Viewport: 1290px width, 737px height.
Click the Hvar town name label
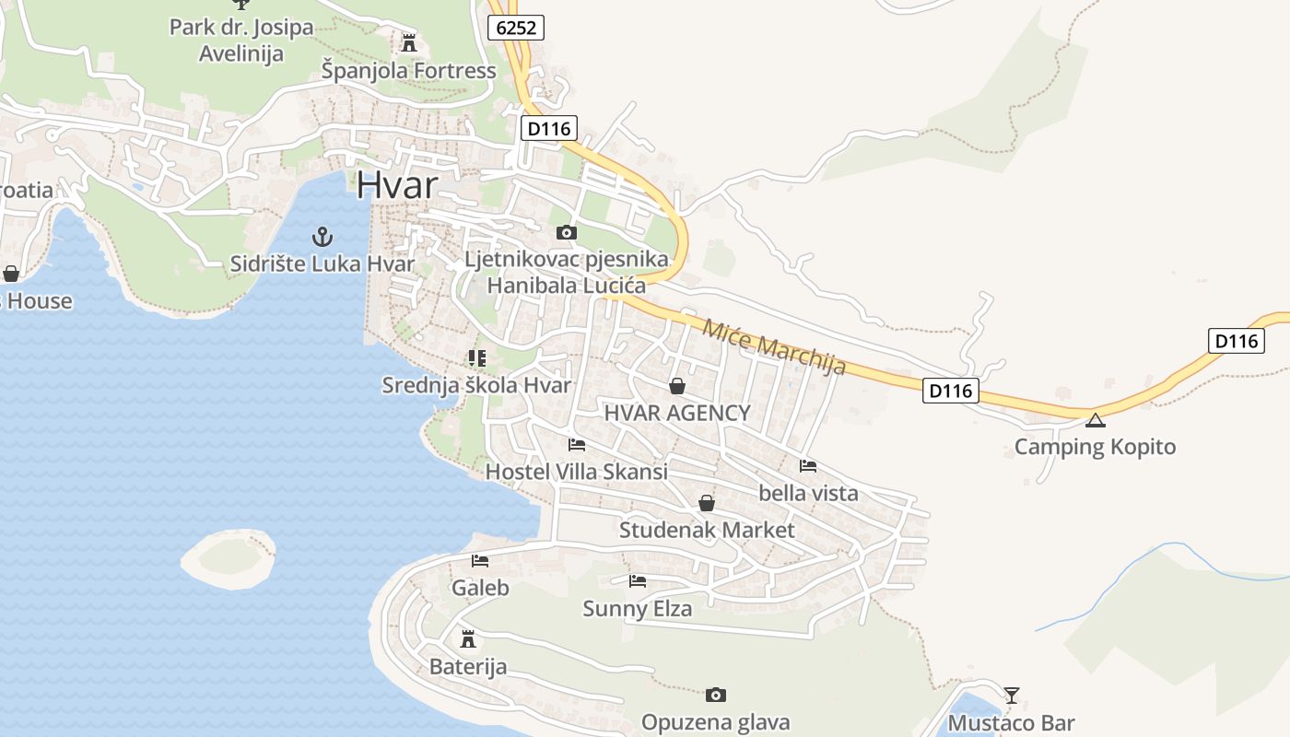397,185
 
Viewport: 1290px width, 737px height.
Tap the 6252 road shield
516,29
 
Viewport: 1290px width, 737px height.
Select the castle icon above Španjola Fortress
409,42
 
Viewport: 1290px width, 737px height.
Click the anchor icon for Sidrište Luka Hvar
322,237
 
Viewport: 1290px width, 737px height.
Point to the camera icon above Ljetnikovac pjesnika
567,233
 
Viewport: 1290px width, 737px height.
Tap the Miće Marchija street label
774,346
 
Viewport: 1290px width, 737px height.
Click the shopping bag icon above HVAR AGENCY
677,386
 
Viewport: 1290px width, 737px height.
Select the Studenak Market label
706,530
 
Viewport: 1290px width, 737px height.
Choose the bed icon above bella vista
808,466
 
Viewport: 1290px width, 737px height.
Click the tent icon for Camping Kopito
1095,421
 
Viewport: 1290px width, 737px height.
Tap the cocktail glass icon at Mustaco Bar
1012,695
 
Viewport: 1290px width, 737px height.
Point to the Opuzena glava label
715,722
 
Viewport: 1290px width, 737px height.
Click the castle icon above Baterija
468,638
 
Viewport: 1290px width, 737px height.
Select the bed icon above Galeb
480,560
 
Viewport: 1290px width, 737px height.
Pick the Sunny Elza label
637,608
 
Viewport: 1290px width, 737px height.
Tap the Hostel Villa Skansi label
576,472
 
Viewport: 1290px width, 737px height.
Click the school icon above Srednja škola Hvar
476,357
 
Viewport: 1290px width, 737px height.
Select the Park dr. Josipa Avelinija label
241,41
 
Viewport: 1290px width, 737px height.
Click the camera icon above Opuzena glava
716,695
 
